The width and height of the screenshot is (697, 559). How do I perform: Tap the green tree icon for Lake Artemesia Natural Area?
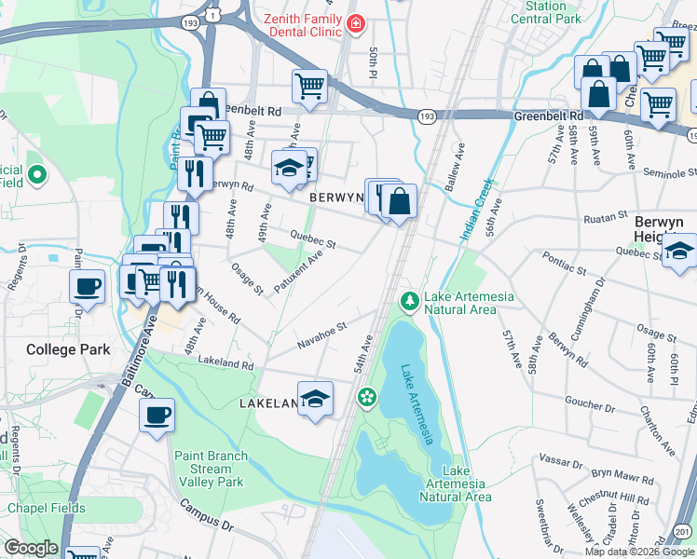(x=408, y=300)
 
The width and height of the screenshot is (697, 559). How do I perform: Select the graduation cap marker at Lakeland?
(x=316, y=398)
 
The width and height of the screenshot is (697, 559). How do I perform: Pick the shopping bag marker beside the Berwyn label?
(x=399, y=201)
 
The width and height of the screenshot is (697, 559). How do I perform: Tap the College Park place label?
(x=68, y=350)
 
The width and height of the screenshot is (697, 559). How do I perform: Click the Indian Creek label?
(x=475, y=211)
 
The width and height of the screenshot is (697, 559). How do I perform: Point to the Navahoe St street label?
(x=321, y=334)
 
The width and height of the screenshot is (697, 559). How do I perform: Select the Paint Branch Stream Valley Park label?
(x=211, y=469)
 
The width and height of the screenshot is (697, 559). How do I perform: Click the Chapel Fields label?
(x=46, y=508)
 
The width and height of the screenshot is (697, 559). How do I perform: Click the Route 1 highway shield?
(x=213, y=15)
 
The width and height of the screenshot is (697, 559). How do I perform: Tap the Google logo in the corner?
(x=31, y=548)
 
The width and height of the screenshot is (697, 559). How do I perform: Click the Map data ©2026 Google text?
(x=639, y=552)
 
